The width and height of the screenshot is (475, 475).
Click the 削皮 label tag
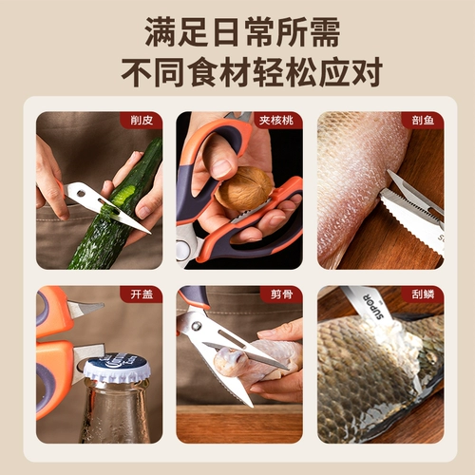point(142,121)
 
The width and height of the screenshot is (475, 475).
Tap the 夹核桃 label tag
point(276,121)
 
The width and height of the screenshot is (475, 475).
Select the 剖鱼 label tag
point(423,121)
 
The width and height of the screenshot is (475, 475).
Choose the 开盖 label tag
point(142,294)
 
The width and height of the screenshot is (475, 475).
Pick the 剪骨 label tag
point(281,294)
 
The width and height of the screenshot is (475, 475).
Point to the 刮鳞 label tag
point(423,294)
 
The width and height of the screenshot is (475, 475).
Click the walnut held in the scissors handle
point(244,189)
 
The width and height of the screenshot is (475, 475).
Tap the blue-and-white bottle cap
point(117,368)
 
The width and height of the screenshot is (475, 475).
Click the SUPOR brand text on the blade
point(373,306)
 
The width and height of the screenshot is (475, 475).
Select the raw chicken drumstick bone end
point(229,362)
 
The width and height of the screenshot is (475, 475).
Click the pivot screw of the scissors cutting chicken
point(197,325)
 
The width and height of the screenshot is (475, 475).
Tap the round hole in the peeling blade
point(81,193)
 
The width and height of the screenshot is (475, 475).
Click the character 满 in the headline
point(161,31)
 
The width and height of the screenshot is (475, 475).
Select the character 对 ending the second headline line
point(367,72)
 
